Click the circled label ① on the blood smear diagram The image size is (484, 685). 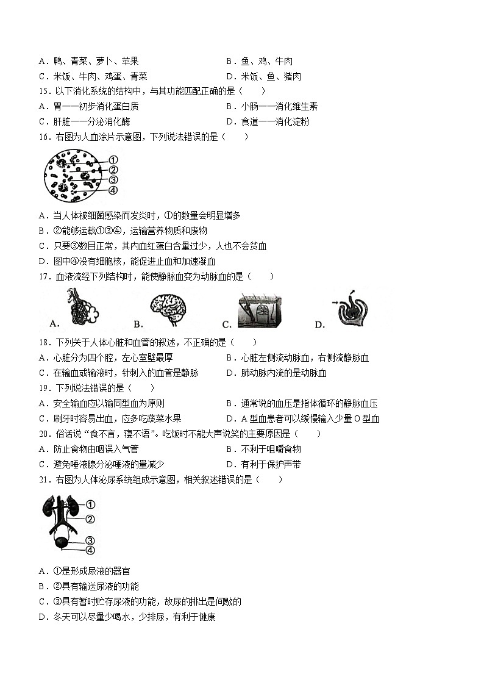click(x=113, y=160)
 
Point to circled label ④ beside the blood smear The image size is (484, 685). click(x=113, y=190)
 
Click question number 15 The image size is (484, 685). click(x=43, y=91)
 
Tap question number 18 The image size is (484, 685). click(x=43, y=343)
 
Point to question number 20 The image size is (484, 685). click(x=43, y=434)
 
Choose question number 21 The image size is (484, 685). click(x=43, y=480)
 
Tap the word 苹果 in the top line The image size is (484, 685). click(x=130, y=61)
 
